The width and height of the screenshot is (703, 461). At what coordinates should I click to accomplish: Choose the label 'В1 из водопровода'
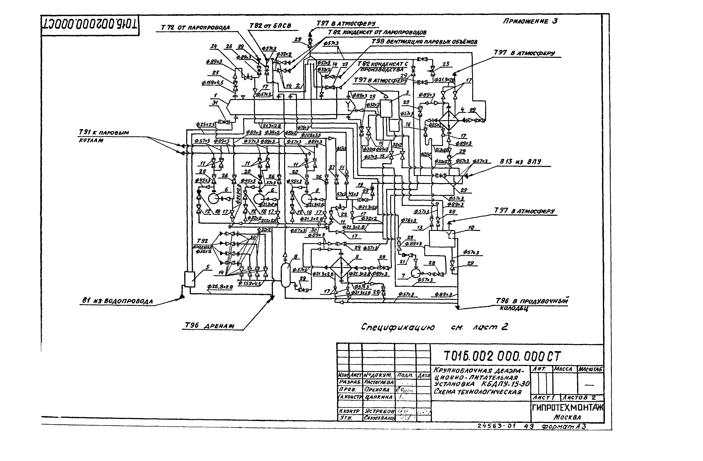117,301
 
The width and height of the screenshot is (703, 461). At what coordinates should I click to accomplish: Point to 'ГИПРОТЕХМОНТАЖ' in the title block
567,408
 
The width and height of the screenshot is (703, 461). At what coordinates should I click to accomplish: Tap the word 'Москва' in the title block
567,417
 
